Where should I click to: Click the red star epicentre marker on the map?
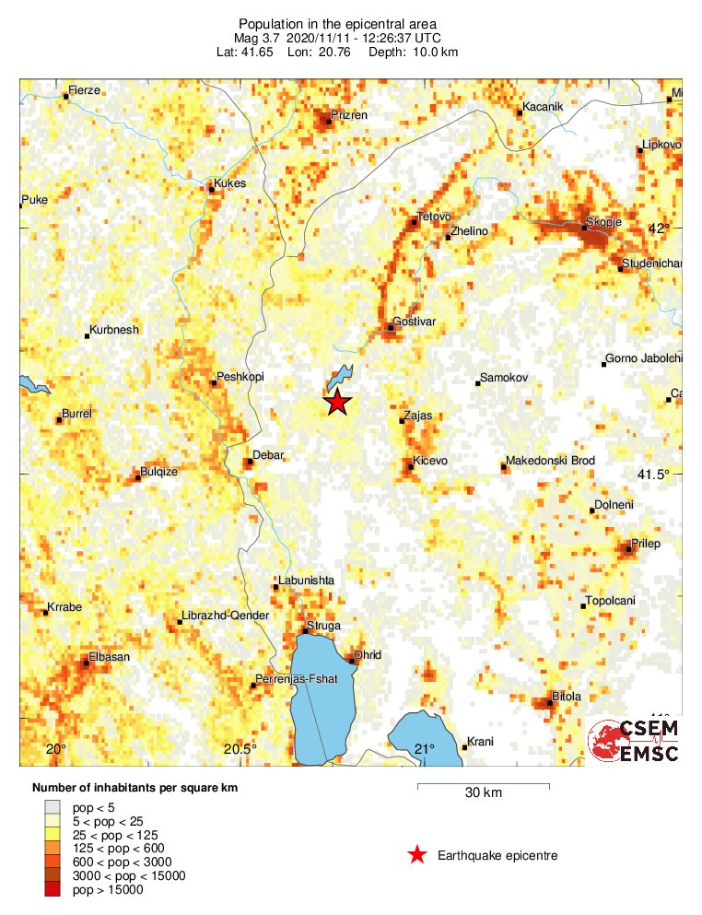pos(338,403)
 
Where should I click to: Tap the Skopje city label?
pos(604,223)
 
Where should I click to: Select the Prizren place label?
pos(350,115)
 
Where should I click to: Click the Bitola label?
pos(566,697)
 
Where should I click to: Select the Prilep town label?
pos(646,543)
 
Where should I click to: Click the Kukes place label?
pos(229,183)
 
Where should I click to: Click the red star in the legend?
pos(417,856)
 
